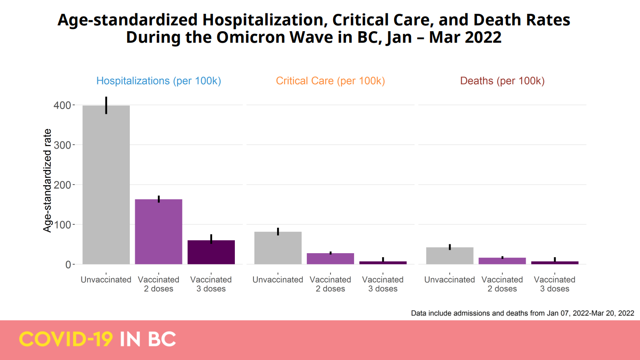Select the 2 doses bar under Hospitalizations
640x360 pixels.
pos(158,231)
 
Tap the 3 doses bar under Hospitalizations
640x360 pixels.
pos(211,252)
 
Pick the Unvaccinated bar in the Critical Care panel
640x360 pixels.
pos(278,248)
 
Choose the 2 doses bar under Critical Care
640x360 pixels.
pos(330,259)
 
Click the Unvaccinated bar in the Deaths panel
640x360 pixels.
pos(450,256)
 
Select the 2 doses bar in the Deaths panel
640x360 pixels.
pos(502,261)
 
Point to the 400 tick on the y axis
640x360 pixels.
pos(62,105)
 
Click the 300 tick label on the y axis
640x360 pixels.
pos(62,145)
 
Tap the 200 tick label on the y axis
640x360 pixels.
pos(62,185)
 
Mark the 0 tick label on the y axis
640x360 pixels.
pos(68,264)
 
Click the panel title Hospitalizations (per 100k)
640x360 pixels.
pos(159,81)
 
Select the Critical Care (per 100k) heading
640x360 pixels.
pos(330,81)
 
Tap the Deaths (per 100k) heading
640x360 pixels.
pos(502,81)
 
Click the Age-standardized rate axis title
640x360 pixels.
pos(48,180)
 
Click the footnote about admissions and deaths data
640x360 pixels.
pos(522,313)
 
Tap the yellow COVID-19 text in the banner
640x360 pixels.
pos(66,340)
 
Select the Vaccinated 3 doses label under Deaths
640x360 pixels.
pos(555,284)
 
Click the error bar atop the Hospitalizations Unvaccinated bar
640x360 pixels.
pos(106,105)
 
